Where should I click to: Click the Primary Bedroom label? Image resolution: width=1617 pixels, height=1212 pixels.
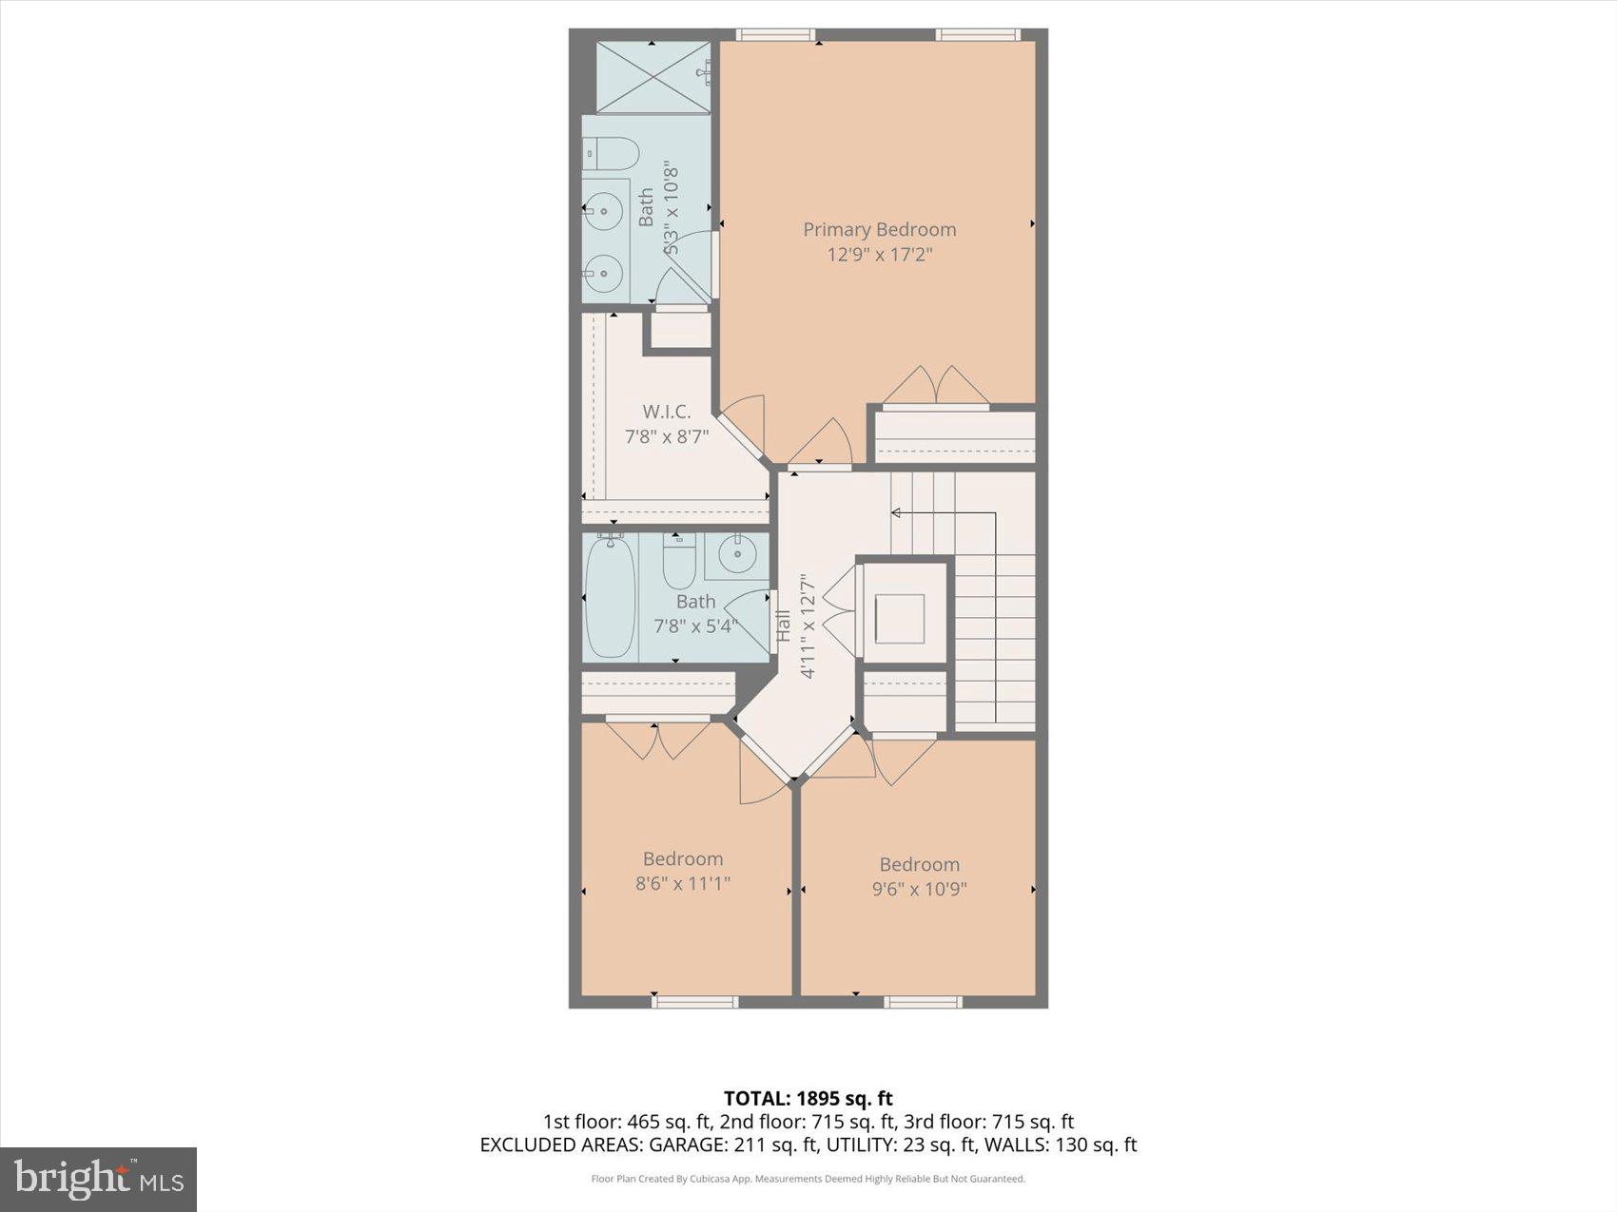coord(879,229)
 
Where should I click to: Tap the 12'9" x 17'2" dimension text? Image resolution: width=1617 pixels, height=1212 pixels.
coord(879,255)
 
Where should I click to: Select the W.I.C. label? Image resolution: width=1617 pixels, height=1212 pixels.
coord(666,412)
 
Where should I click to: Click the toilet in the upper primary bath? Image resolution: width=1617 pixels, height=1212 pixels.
coord(610,153)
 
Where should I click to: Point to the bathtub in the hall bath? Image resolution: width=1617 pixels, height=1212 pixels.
coord(610,597)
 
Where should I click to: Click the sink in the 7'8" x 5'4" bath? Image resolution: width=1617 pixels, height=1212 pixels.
coord(737,553)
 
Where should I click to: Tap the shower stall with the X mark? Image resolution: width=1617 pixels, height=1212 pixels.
coord(653,77)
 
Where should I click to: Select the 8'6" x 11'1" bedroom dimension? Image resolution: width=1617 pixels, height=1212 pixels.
coord(683,884)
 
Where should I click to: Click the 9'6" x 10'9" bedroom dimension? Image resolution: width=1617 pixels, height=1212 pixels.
coord(919,890)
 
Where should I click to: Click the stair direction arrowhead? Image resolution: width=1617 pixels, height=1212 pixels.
coord(896,513)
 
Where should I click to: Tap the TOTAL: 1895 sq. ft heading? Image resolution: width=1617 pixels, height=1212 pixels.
coord(808,1099)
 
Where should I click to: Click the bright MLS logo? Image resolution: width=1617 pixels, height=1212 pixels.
coord(99,1180)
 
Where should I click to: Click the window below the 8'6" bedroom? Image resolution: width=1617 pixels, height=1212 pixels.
coord(694,1001)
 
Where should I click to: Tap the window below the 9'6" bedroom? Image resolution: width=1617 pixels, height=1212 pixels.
coord(923,1001)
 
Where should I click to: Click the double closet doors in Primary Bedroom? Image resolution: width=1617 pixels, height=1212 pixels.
coord(937,385)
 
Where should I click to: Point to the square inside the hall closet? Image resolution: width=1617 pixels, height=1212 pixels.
coord(899,619)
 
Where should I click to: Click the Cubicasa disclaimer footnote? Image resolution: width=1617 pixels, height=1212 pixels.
coord(808,1180)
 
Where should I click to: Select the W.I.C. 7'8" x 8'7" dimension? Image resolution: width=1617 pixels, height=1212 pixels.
coord(666,437)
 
